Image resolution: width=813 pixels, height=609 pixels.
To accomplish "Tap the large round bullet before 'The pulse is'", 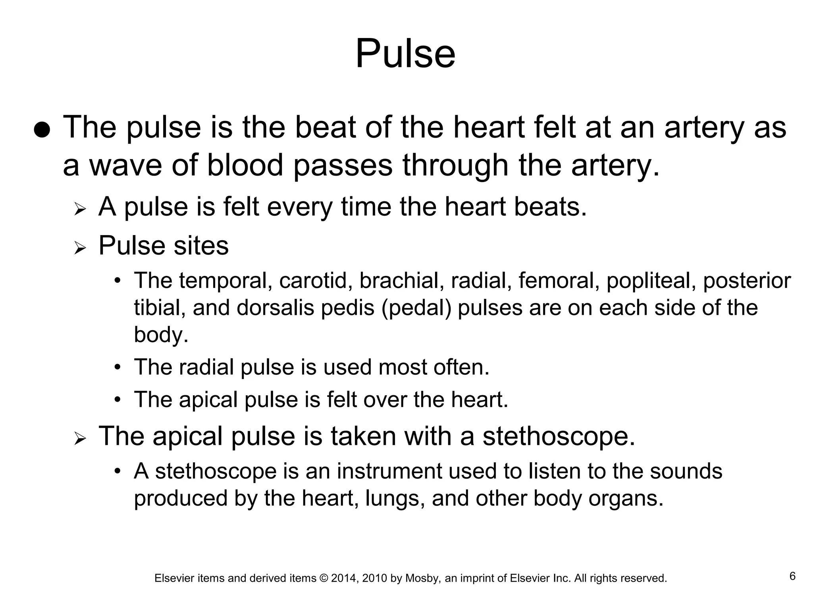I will [x=42, y=130].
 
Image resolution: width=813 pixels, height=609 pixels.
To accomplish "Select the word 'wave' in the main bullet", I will [x=125, y=166].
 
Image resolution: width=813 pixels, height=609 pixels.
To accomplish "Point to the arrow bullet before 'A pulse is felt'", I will [x=80, y=209].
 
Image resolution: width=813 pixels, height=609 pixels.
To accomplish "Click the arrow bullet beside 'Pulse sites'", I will [x=80, y=248].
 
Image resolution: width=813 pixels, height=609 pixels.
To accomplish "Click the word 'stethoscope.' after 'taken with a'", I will [x=559, y=437].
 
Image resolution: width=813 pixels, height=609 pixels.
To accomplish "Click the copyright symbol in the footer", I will [x=324, y=578].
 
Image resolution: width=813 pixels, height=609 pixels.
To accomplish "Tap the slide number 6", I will [x=792, y=576].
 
